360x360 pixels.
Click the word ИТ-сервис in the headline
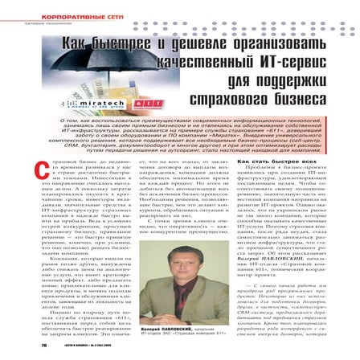(272, 66)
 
